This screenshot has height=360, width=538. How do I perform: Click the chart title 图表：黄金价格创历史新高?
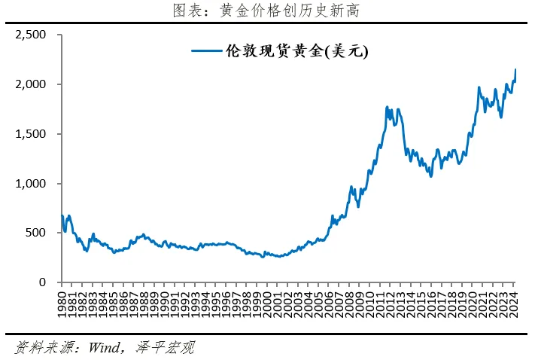[x=269, y=11]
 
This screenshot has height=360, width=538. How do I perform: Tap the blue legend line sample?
[x=206, y=51]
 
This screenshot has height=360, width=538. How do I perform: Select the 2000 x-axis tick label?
[x=267, y=306]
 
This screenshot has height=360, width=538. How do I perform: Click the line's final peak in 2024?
[x=515, y=70]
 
